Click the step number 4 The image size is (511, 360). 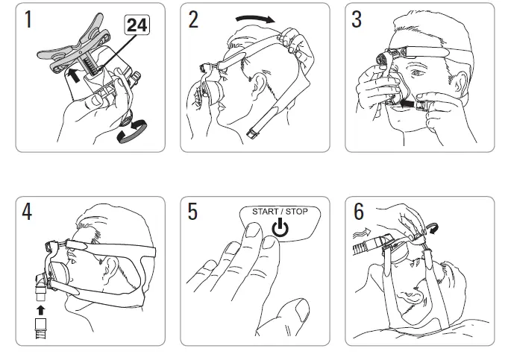[x=28, y=212]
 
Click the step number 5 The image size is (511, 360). [x=193, y=212]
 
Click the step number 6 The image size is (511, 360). [x=358, y=212]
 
